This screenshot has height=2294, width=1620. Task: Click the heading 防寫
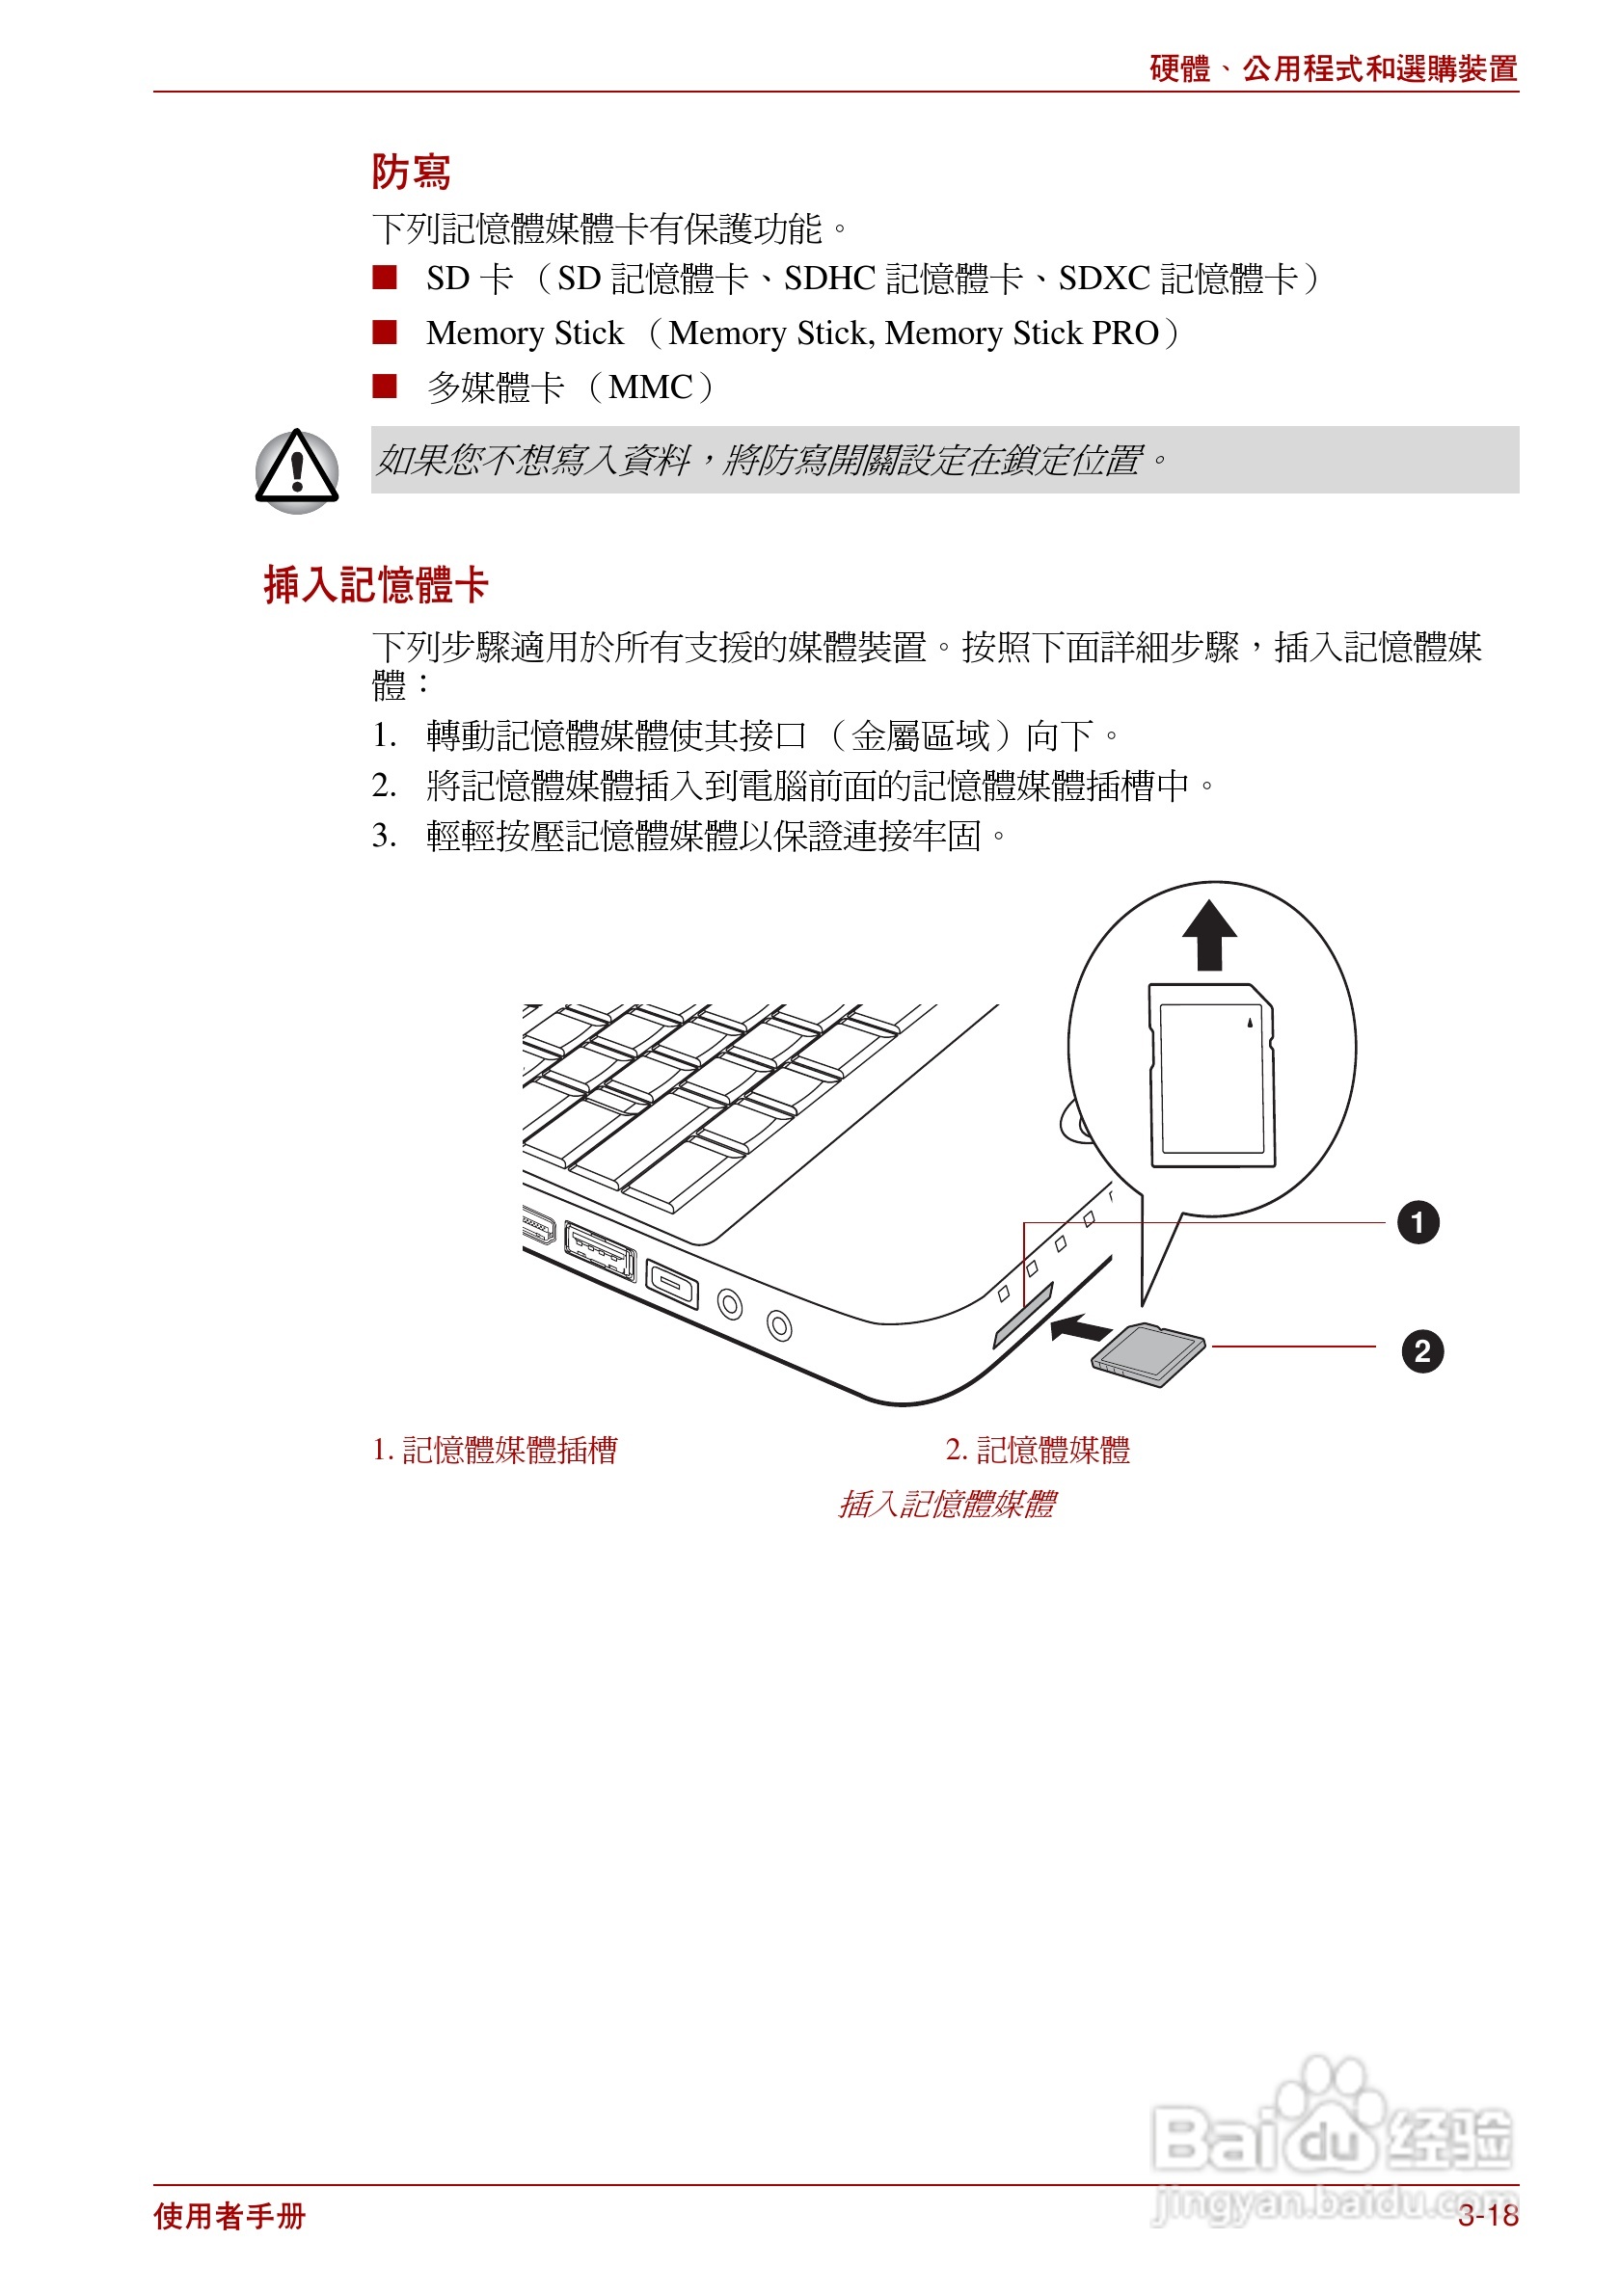[x=411, y=172]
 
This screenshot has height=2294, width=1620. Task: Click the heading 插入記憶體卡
[x=375, y=584]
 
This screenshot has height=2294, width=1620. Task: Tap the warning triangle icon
[x=297, y=469]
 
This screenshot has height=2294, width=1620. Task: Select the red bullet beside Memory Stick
[x=384, y=332]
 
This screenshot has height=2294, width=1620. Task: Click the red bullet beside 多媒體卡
[x=384, y=386]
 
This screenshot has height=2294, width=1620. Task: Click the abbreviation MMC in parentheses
[x=651, y=387]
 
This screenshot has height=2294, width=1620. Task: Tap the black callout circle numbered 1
[x=1417, y=1223]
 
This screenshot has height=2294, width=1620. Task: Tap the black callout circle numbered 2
[x=1421, y=1351]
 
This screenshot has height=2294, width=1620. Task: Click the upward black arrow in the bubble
[x=1209, y=935]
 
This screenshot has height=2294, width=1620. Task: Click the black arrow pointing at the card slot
[x=1080, y=1329]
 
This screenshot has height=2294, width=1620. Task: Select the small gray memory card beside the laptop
[x=1148, y=1354]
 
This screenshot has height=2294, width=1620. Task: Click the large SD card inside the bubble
[x=1212, y=1075]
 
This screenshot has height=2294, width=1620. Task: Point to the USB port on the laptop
[x=600, y=1250]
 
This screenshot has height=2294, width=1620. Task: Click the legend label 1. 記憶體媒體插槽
[x=495, y=1450]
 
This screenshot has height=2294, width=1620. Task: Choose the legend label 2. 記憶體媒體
[x=1038, y=1450]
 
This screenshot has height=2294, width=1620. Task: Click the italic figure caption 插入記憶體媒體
[x=946, y=1504]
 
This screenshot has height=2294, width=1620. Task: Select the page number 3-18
[x=1487, y=2216]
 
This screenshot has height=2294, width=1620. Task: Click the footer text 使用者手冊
[x=229, y=2216]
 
